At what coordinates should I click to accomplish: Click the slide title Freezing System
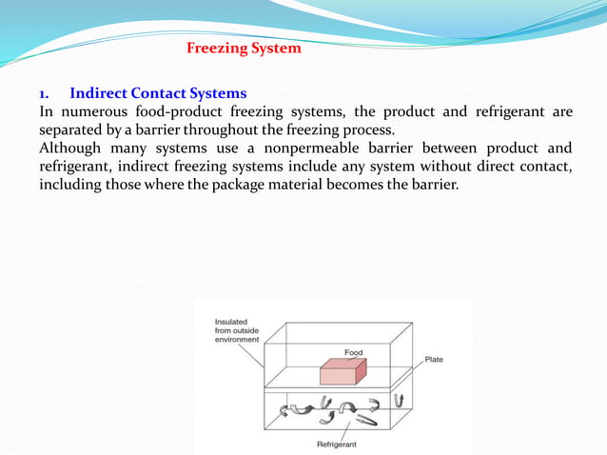244,49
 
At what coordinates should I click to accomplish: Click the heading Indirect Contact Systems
158,93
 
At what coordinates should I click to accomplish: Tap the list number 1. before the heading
45,93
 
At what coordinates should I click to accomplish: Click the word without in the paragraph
467,166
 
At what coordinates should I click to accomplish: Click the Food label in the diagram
353,351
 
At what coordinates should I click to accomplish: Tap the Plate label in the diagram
433,360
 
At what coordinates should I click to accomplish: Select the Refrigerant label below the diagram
336,444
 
